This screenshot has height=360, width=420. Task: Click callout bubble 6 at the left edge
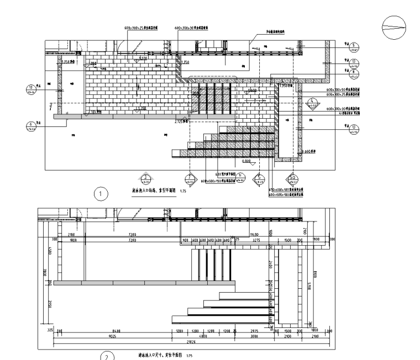[30, 125]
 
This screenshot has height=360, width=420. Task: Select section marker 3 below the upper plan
[145, 178]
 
